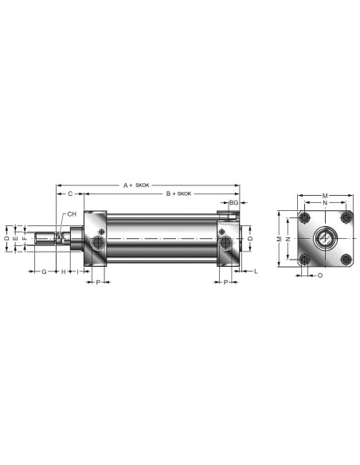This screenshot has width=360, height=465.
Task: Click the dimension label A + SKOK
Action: [136, 186]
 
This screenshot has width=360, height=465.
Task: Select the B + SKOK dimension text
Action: [178, 193]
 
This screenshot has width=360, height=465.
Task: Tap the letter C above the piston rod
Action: [70, 193]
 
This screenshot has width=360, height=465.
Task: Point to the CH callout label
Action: [72, 214]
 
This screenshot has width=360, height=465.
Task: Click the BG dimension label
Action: [234, 202]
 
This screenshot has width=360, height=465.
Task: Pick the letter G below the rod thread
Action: [44, 272]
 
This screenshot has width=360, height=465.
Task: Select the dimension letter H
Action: [63, 272]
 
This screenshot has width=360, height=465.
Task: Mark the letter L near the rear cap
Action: [256, 271]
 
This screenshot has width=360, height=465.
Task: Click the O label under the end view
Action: [320, 275]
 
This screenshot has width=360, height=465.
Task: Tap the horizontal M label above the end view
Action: [325, 196]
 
